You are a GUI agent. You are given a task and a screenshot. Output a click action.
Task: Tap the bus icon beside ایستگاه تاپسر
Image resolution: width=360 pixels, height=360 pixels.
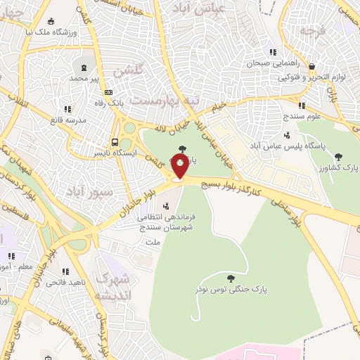point(115,141)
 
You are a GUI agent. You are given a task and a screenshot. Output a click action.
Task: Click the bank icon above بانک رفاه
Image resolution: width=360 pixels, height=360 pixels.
point(108,92)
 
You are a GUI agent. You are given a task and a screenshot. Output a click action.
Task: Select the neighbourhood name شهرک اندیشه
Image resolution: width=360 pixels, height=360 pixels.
point(116,286)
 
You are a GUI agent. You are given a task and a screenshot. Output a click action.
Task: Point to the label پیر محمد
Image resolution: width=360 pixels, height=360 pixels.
point(85,79)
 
